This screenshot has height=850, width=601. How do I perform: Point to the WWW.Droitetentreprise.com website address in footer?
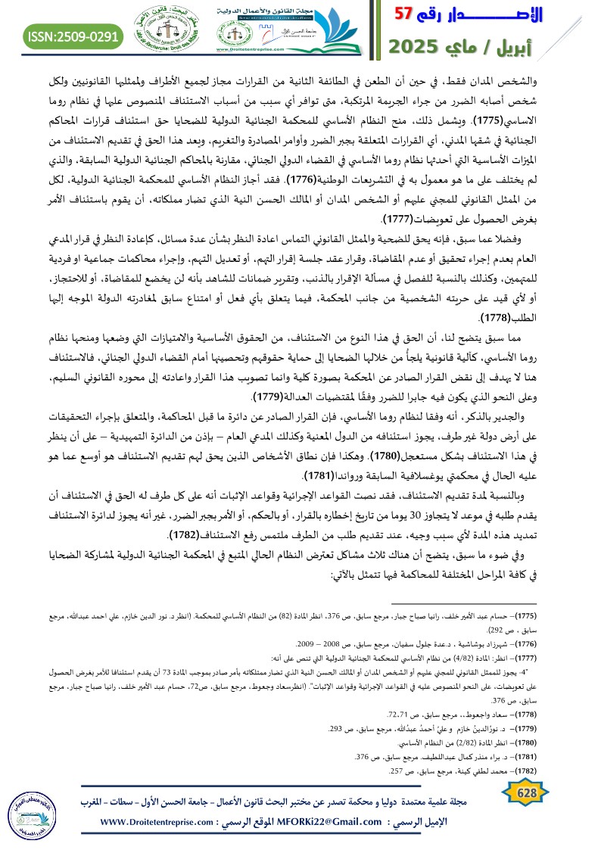tap(157, 822)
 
